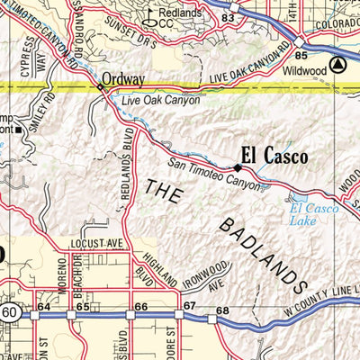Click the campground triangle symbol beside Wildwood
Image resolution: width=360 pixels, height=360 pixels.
pos(337,65)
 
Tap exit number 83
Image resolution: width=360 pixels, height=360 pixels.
pos(229,18)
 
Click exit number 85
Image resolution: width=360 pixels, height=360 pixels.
pos(301,57)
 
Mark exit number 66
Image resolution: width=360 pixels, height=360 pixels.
pos(141,308)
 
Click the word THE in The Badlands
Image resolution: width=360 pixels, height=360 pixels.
pos(163,192)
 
